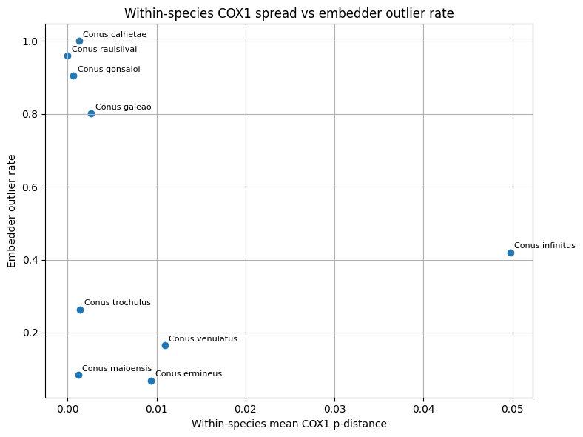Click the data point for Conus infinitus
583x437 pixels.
[x=510, y=253]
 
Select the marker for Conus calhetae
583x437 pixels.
[x=79, y=41]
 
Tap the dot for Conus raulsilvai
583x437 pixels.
[x=67, y=56]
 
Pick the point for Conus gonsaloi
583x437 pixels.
[x=73, y=76]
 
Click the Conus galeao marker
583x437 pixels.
[x=91, y=113]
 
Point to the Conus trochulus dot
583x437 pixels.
[x=80, y=310]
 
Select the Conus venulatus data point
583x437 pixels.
[x=165, y=345]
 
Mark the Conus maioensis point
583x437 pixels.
[x=78, y=375]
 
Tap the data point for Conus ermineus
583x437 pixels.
[x=151, y=381]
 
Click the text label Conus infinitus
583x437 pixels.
[x=544, y=246]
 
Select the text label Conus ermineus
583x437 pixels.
[x=188, y=374]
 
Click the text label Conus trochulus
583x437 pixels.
[x=117, y=302]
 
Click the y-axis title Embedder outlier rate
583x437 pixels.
[x=12, y=211]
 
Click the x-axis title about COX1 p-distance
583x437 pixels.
[x=289, y=424]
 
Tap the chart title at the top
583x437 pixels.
[x=289, y=13]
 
